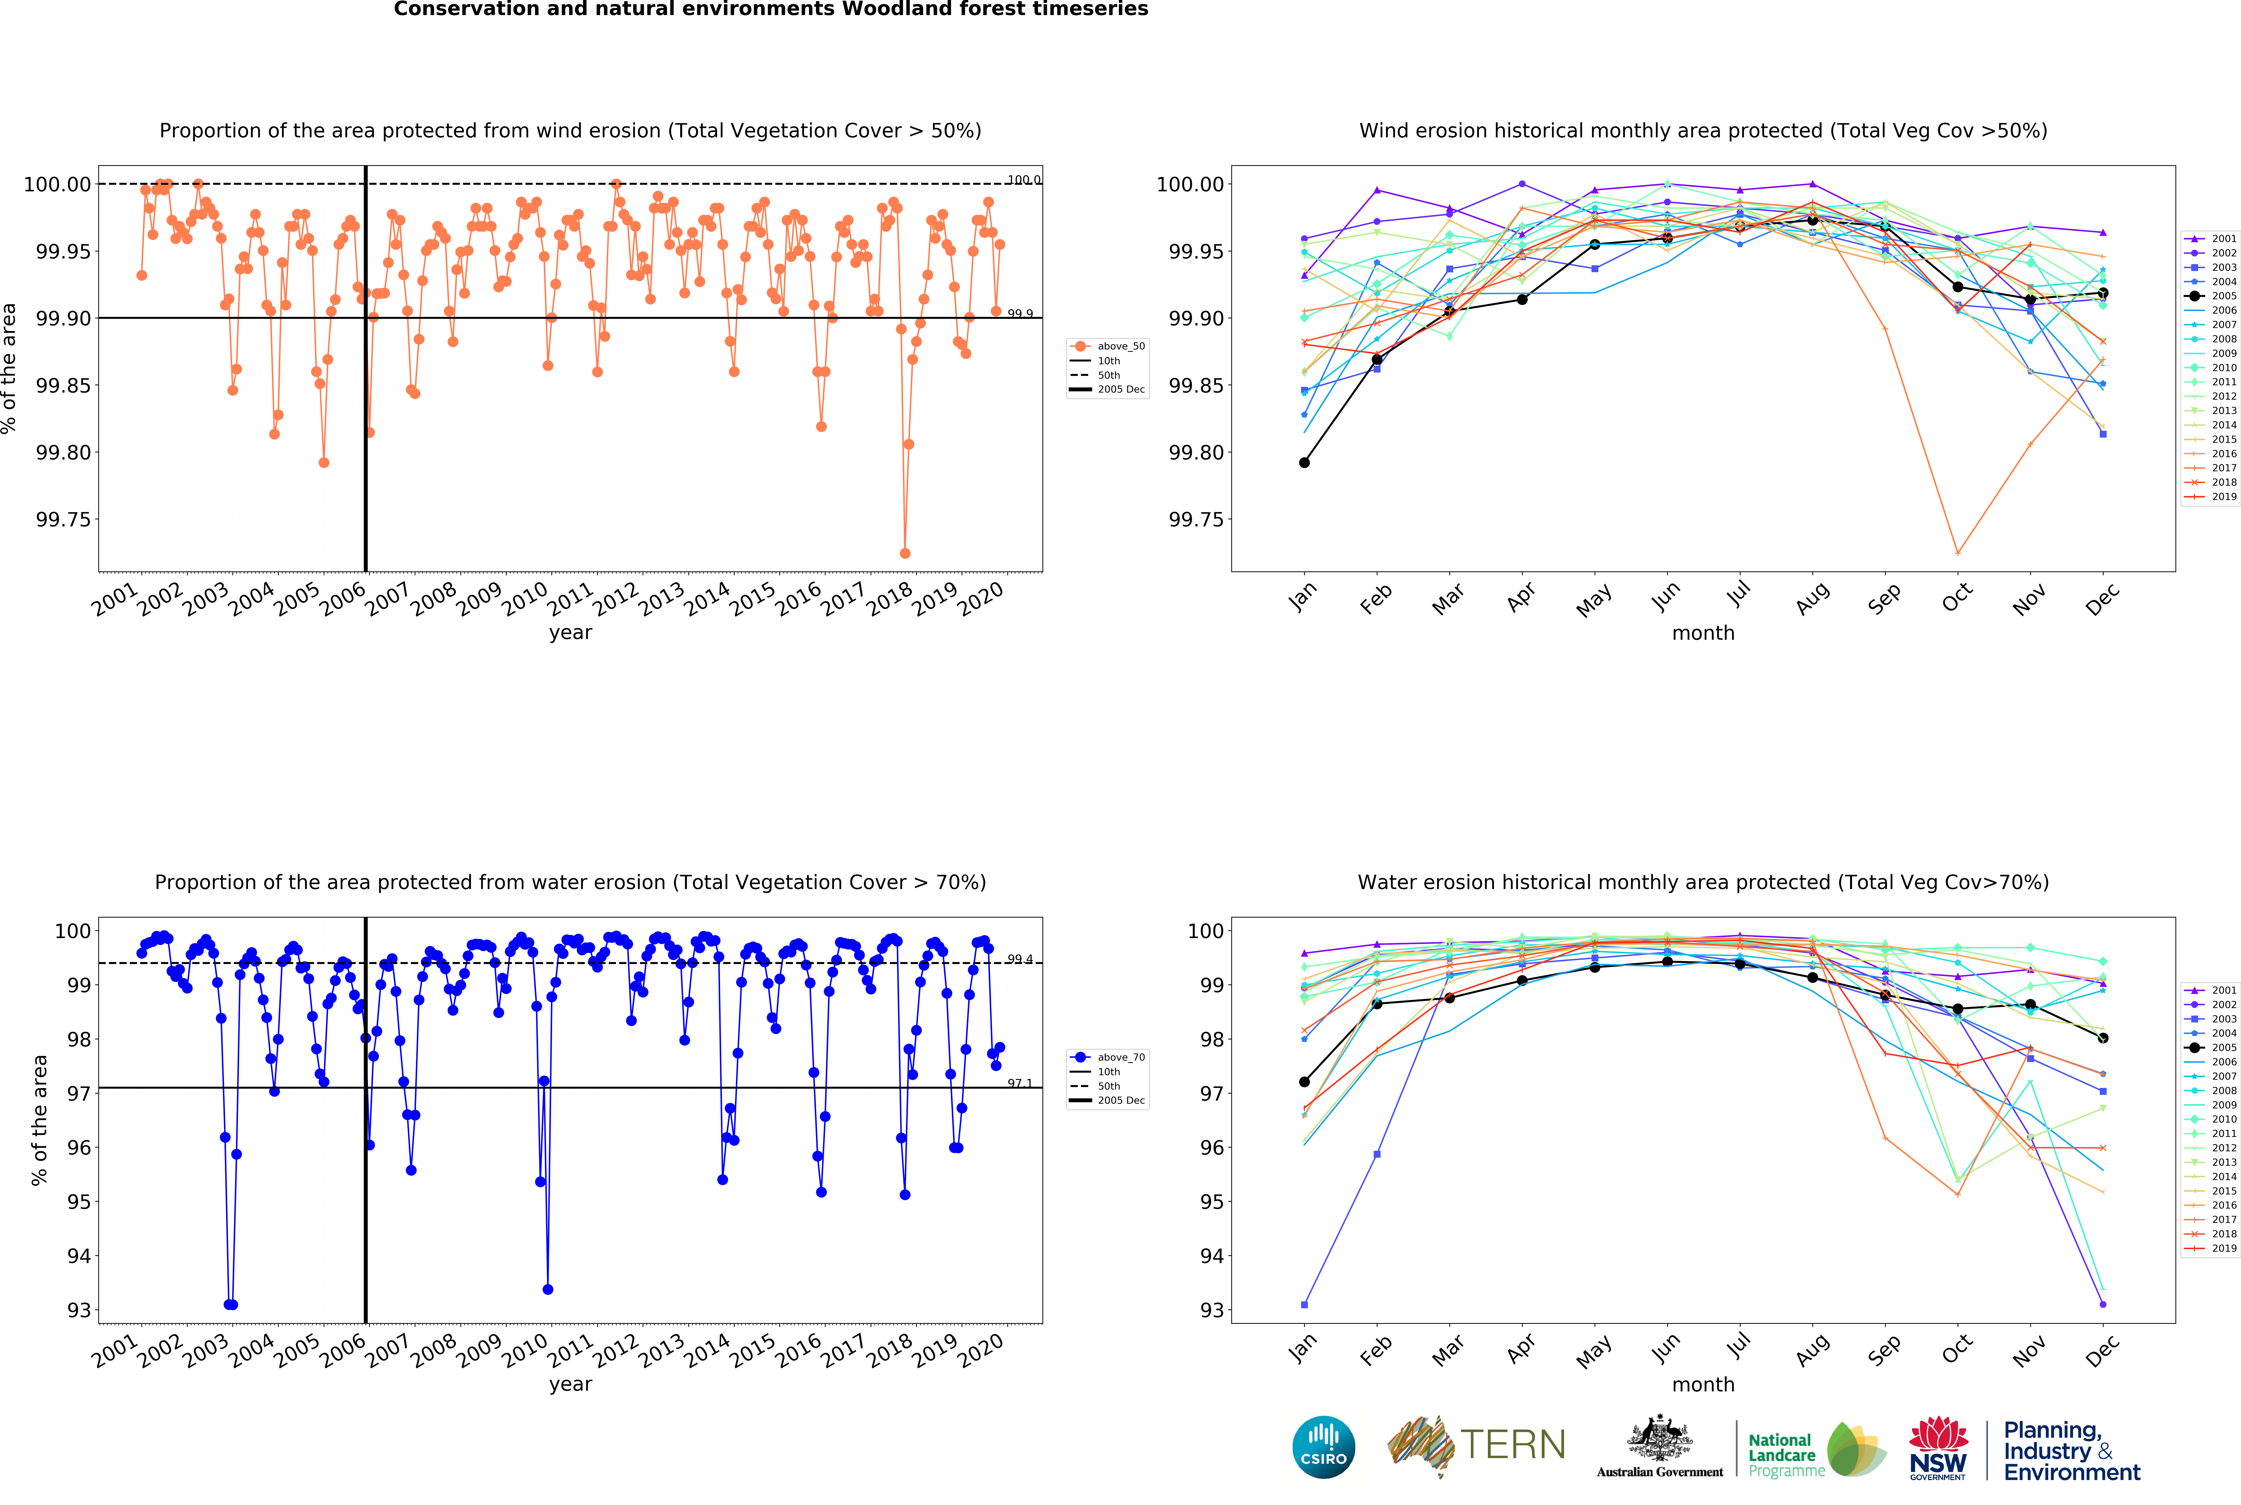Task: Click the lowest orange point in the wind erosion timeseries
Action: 905,553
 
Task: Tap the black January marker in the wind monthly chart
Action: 1304,463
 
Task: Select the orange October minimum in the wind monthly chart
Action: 1958,553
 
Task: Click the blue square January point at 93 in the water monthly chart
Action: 1304,1304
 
